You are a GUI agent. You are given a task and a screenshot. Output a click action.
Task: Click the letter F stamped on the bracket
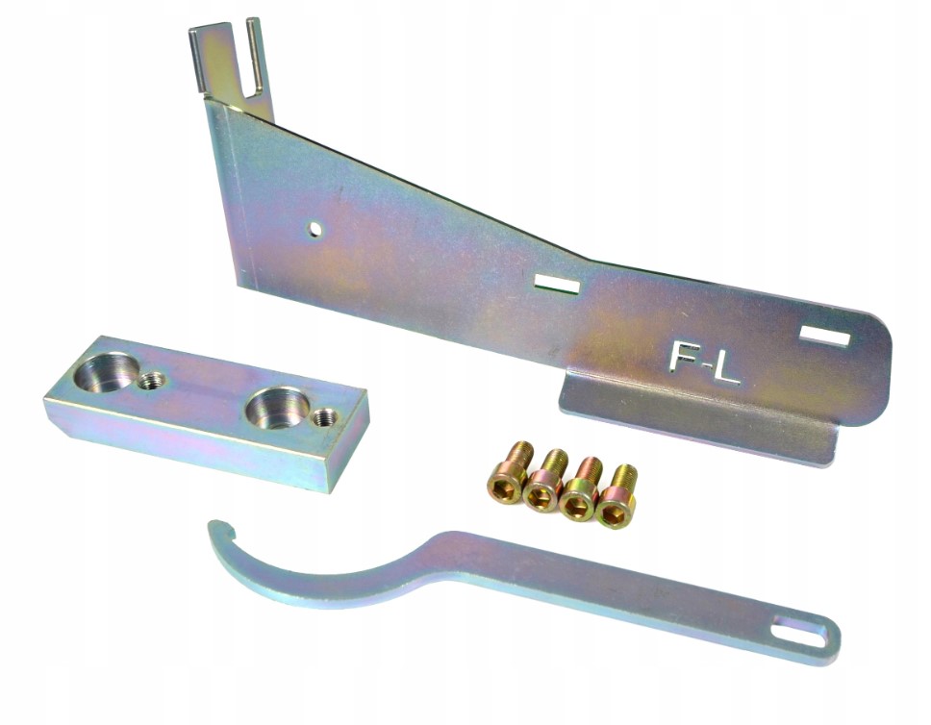tap(682, 358)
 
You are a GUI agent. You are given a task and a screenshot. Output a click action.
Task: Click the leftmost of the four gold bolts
tap(511, 470)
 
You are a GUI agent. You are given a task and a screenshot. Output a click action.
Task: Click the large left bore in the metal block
tap(109, 370)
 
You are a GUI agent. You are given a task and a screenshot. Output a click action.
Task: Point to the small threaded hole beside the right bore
tap(325, 417)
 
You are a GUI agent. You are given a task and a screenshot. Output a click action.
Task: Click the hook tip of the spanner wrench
tap(215, 525)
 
